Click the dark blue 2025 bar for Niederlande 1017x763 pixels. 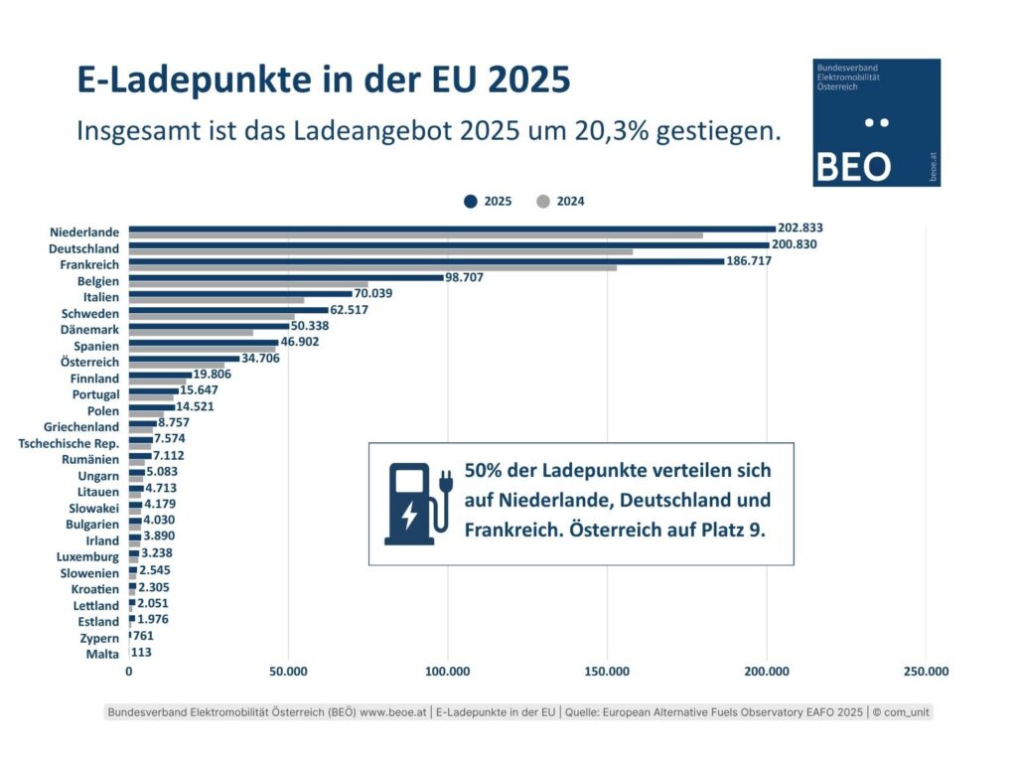[x=452, y=229]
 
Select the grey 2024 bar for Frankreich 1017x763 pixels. [x=372, y=268]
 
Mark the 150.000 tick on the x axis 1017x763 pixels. [x=607, y=673]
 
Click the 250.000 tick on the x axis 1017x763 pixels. [x=926, y=673]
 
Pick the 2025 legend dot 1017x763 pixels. [x=471, y=201]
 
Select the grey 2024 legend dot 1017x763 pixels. [x=543, y=201]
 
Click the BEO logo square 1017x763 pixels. [x=876, y=122]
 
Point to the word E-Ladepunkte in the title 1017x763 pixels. [x=196, y=79]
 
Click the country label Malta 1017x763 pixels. [x=102, y=654]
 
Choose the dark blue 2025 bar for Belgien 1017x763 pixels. [x=286, y=277]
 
